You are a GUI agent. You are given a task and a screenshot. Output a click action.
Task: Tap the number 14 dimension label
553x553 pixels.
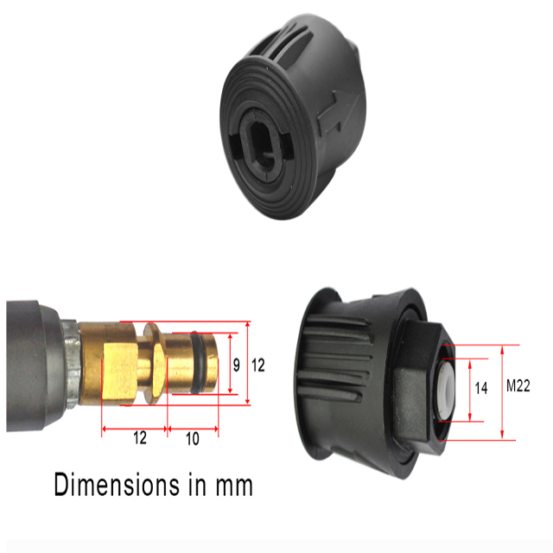point(481,389)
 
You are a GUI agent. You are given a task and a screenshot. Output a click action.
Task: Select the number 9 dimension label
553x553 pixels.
point(236,365)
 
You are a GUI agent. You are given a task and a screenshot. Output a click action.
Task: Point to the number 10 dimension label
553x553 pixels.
point(192,438)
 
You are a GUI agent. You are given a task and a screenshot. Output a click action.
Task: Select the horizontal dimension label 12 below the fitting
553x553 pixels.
point(139,438)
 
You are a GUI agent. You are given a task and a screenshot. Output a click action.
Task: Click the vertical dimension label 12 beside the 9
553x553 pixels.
point(257,365)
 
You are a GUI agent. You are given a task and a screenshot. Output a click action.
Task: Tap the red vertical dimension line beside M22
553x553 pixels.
point(502,393)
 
